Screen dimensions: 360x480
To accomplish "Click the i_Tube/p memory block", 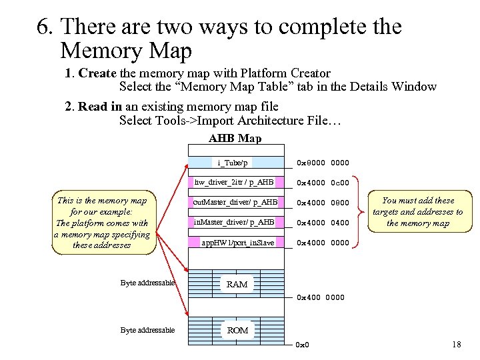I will pos(233,163).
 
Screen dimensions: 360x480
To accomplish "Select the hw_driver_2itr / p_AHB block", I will pos(234,182).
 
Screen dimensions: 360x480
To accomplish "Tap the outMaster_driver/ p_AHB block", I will pos(234,202).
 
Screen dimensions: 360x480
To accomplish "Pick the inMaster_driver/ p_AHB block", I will pos(234,221).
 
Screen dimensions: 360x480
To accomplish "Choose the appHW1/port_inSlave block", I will pos(238,243).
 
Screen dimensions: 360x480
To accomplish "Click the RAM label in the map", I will pos(237,284).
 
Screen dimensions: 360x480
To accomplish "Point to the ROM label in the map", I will pos(237,331).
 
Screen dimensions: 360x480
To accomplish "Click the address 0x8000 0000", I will pos(323,163).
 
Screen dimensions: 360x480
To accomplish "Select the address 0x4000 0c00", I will pos(323,183).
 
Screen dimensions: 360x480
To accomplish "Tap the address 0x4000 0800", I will pos(323,203).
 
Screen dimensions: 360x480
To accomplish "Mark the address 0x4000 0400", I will pos(323,222).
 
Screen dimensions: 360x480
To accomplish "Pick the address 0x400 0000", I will pos(321,297).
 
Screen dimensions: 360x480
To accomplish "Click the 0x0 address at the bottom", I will pos(302,345).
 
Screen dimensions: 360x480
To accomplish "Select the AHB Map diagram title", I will pos(235,139).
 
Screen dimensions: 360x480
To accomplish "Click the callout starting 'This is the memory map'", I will pos(103,223).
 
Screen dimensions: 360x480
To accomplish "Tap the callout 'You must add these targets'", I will pos(417,212).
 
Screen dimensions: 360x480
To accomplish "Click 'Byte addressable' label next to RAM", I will pos(147,283).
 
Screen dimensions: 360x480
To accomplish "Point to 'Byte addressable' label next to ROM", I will pos(147,330).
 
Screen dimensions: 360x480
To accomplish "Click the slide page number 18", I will pos(456,345).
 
